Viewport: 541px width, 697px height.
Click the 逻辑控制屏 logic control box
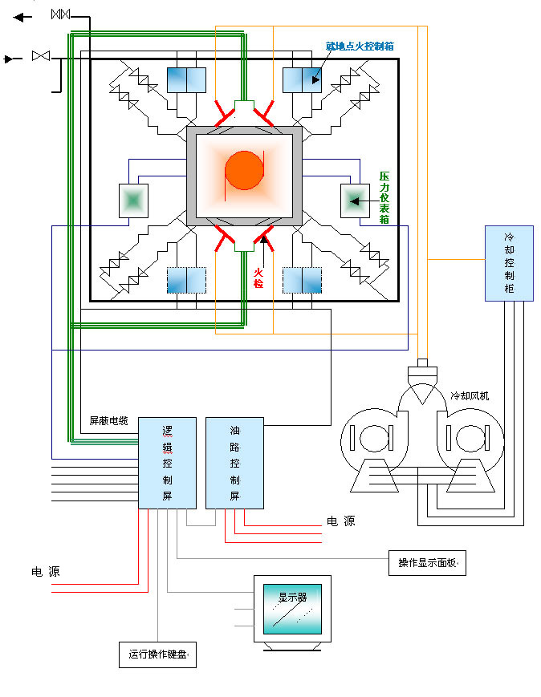pyautogui.click(x=167, y=462)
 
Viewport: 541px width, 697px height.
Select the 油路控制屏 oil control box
pyautogui.click(x=234, y=462)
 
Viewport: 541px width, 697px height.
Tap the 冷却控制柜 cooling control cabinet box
pyautogui.click(x=509, y=263)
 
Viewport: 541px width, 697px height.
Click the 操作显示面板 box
pyautogui.click(x=427, y=564)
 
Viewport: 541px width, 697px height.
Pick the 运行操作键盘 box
pyautogui.click(x=157, y=655)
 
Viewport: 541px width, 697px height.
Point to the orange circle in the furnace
pyautogui.click(x=244, y=170)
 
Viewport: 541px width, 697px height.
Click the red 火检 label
pyautogui.click(x=258, y=278)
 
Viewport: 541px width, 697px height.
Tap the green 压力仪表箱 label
pyautogui.click(x=384, y=197)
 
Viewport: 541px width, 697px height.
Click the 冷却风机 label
pyautogui.click(x=469, y=395)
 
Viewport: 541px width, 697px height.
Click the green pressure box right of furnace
pyautogui.click(x=354, y=200)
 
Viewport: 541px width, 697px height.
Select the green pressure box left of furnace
pyautogui.click(x=134, y=200)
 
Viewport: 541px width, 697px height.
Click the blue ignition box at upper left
pyautogui.click(x=186, y=80)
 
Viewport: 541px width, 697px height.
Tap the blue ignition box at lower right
pyautogui.click(x=302, y=280)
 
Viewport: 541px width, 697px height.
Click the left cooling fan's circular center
pyautogui.click(x=371, y=439)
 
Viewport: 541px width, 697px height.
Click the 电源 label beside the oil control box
pyautogui.click(x=340, y=521)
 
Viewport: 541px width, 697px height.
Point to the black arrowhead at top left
pyautogui.click(x=18, y=16)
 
